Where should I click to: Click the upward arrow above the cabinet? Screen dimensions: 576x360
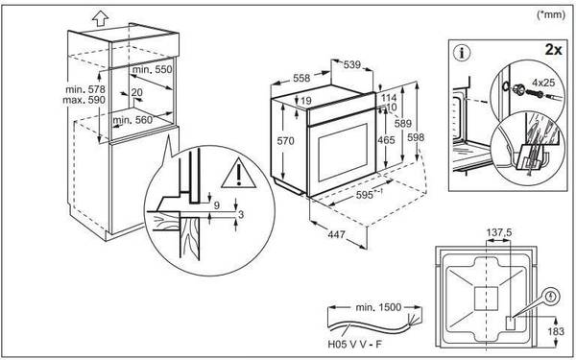point(100,18)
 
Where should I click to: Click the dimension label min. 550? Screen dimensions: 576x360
point(152,69)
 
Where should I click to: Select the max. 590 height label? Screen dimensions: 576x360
point(84,100)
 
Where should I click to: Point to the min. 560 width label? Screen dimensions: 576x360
point(132,120)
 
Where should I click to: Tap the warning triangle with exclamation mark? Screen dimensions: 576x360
point(239,174)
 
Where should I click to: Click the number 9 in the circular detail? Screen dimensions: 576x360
point(217,205)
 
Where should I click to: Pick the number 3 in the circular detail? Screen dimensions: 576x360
point(241,214)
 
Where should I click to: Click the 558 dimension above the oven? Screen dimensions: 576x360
point(301,78)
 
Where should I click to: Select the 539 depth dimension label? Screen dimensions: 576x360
point(352,65)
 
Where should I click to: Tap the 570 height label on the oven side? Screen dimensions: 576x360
point(285,141)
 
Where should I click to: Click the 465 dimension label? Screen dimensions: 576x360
point(386,140)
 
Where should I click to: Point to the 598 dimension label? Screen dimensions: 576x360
point(416,137)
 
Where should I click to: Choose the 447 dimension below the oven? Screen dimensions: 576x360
point(336,234)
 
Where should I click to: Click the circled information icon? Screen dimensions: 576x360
point(462,53)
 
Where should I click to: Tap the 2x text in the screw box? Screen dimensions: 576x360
point(553,50)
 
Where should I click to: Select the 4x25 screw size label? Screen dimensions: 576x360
point(543,83)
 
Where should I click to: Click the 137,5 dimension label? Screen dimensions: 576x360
point(499,232)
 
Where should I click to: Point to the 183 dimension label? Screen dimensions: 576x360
point(556,331)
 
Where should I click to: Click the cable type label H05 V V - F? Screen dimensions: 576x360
point(354,345)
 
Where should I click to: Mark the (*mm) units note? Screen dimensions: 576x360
point(551,14)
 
